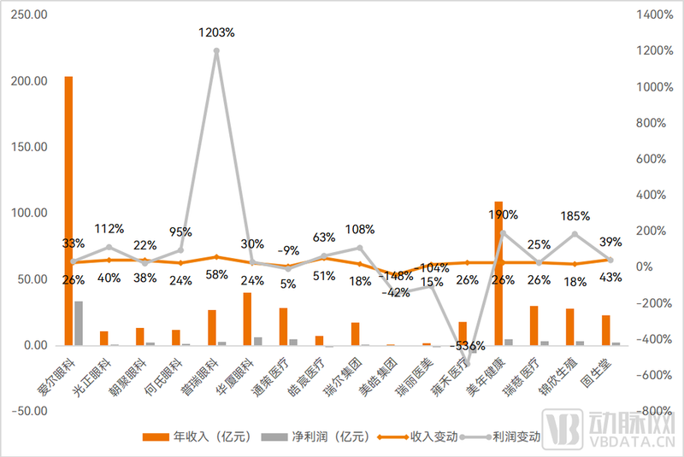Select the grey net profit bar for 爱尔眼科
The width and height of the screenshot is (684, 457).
pyautogui.click(x=79, y=324)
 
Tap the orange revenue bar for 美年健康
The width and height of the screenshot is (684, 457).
pyautogui.click(x=498, y=273)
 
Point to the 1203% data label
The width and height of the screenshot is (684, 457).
pyautogui.click(x=216, y=32)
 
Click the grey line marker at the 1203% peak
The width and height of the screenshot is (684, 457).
pyautogui.click(x=216, y=50)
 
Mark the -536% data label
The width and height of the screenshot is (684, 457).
pyautogui.click(x=468, y=346)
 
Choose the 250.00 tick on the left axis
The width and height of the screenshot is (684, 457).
pyautogui.click(x=29, y=15)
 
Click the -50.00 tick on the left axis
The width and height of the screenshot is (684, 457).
pyautogui.click(x=29, y=411)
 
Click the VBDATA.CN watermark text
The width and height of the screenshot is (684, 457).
pyautogui.click(x=633, y=443)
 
